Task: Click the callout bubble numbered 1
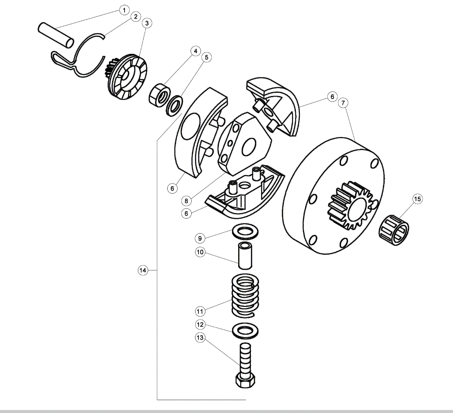tap(124, 10)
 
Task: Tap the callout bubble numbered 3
tap(147, 23)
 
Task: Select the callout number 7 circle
tap(343, 103)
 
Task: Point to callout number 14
tap(142, 270)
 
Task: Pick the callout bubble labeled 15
tap(417, 199)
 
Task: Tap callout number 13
tap(200, 338)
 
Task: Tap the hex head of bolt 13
tap(245, 381)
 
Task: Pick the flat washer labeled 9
tap(245, 232)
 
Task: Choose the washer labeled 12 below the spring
tap(245, 331)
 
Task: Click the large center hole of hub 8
tap(249, 147)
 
